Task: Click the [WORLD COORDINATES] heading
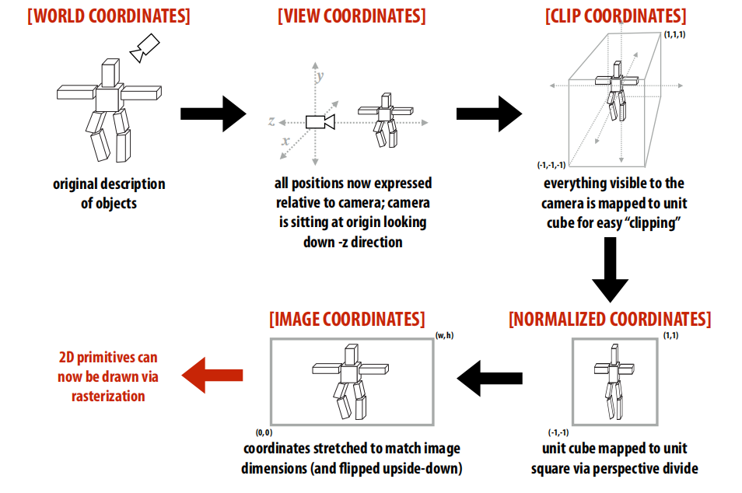coord(109,16)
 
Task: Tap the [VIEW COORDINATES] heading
coord(352,16)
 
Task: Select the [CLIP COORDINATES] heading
coord(614,16)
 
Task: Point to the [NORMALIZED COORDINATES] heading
coord(609,320)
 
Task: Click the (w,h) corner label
coord(444,335)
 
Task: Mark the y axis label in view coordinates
coord(319,76)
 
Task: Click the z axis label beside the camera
coord(271,121)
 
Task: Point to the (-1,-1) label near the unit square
coord(559,432)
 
